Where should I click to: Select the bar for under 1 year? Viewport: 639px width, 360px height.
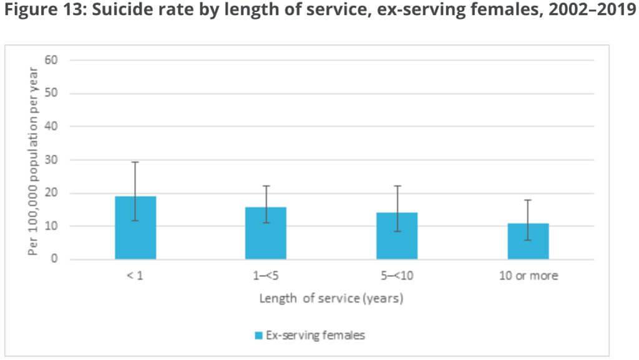pos(135,228)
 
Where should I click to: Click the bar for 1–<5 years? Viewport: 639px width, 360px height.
pos(266,233)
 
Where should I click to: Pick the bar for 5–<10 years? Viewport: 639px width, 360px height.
pos(397,236)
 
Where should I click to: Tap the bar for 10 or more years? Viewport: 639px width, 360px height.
pos(528,241)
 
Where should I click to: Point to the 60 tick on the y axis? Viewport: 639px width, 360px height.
pos(51,60)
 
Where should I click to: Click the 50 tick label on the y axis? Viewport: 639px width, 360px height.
pos(51,93)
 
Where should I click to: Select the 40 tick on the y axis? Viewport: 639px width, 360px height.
pos(51,126)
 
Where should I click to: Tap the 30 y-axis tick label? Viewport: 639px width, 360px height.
pos(51,160)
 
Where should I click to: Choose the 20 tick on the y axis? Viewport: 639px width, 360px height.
pos(51,193)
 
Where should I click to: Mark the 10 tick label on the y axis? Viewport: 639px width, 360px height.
pos(51,226)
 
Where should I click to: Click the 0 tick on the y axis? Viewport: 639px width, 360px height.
pos(54,259)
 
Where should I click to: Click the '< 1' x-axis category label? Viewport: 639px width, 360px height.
pos(135,276)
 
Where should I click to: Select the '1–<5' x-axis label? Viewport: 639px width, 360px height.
pos(266,276)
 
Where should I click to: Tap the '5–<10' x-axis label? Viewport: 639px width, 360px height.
pos(397,276)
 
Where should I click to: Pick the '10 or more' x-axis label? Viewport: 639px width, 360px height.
pos(529,276)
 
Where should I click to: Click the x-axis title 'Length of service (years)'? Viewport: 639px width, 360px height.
pos(331,298)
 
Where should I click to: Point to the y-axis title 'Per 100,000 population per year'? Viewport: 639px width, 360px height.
pos(32,161)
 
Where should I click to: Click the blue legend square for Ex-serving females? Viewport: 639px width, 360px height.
pos(258,336)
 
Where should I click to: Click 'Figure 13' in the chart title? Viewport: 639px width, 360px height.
pos(44,9)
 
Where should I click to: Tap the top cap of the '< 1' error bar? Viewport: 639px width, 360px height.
pos(135,162)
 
